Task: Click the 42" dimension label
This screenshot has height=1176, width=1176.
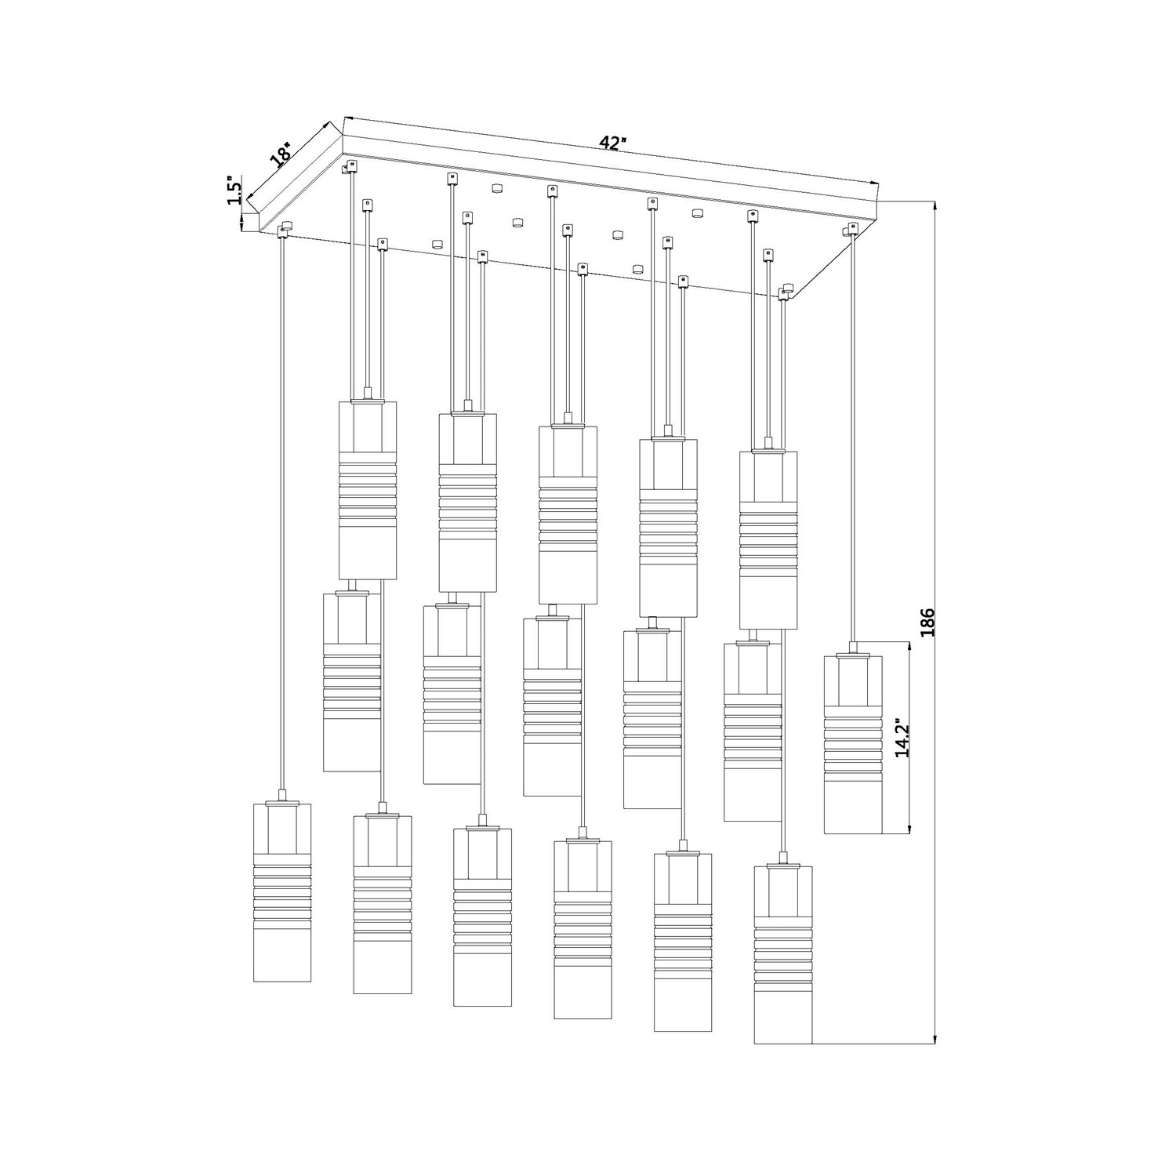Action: pyautogui.click(x=613, y=143)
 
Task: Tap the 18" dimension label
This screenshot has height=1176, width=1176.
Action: pyautogui.click(x=281, y=154)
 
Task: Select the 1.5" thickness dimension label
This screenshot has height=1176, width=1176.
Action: pyautogui.click(x=234, y=191)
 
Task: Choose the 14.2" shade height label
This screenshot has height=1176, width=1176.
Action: pyautogui.click(x=902, y=737)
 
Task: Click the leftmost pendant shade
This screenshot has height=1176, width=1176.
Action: pyautogui.click(x=282, y=891)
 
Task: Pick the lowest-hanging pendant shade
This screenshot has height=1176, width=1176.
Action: pyautogui.click(x=783, y=953)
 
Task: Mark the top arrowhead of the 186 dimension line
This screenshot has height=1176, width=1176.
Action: pyautogui.click(x=935, y=206)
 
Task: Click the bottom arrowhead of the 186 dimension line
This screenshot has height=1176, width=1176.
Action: pyautogui.click(x=935, y=1040)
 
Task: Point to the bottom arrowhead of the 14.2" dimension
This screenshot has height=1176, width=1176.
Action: pyautogui.click(x=909, y=829)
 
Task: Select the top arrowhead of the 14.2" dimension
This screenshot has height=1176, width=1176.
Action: pyautogui.click(x=909, y=648)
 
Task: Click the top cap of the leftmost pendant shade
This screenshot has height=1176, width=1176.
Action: pyautogui.click(x=282, y=801)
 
